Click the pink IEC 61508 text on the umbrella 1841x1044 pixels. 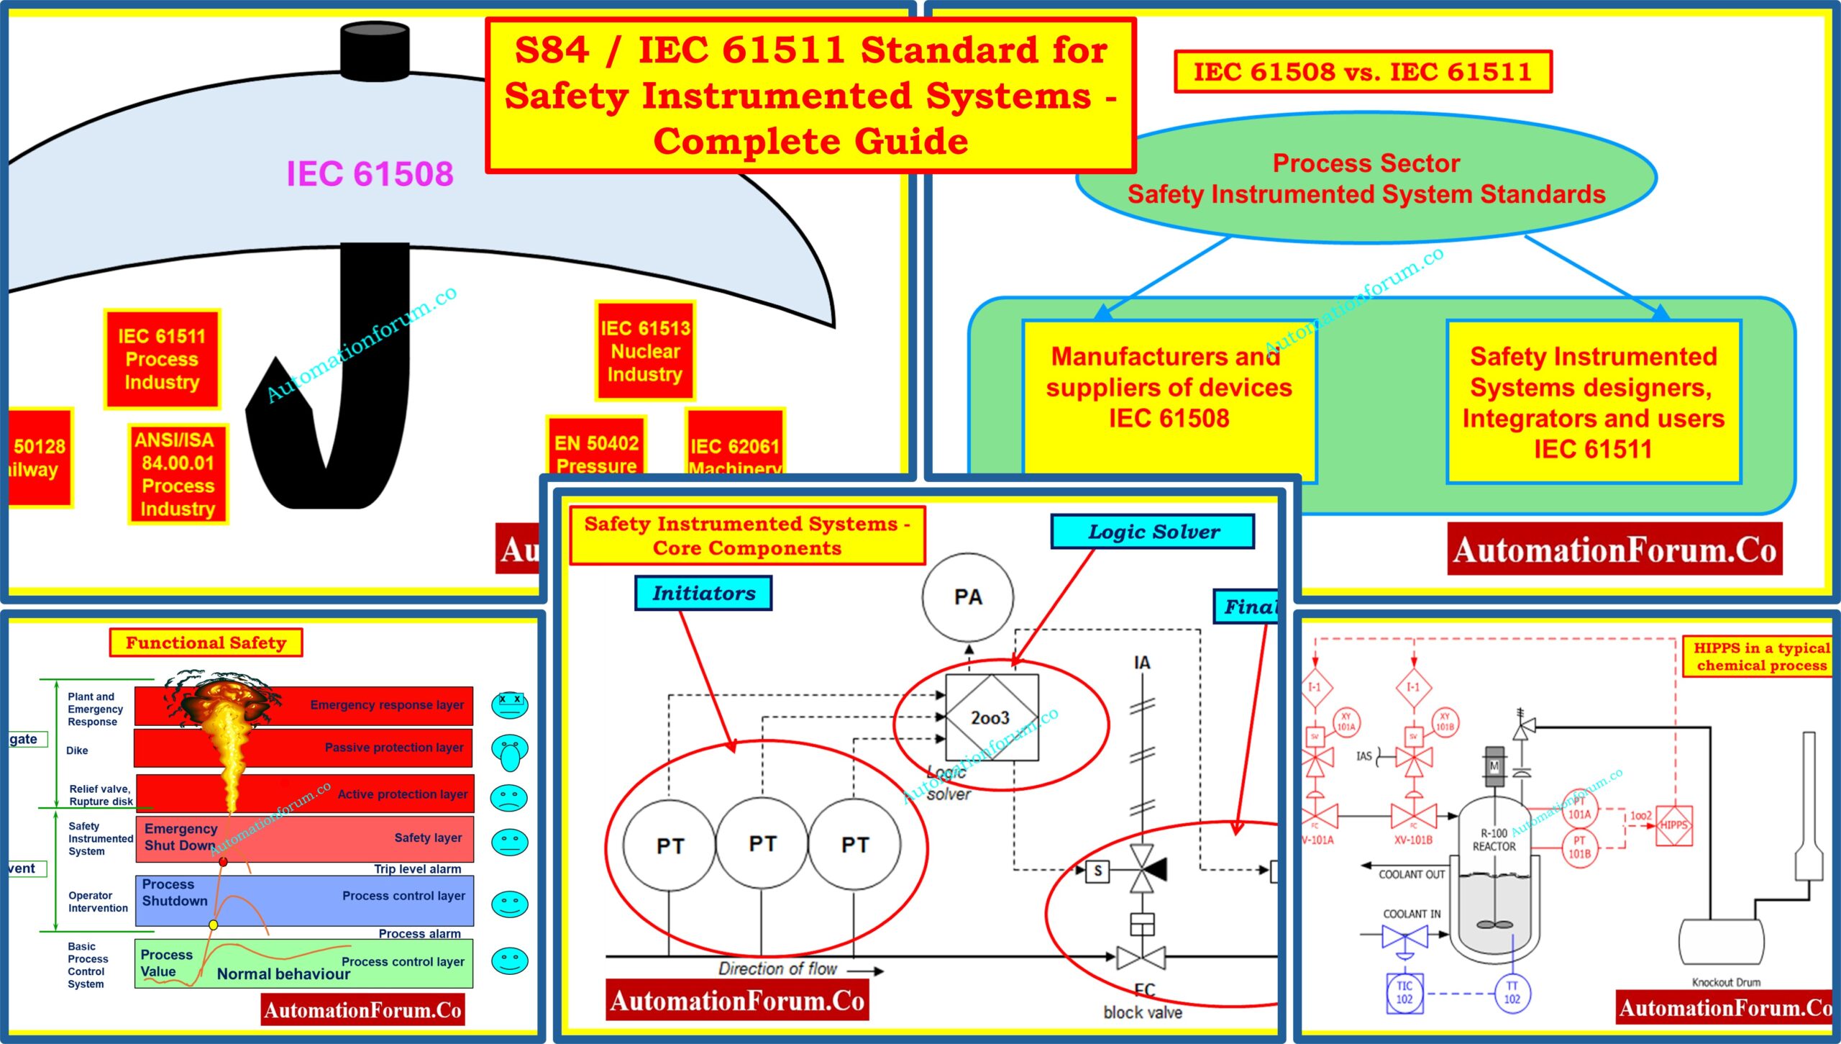[x=370, y=174]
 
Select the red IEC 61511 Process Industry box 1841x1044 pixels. [x=162, y=359]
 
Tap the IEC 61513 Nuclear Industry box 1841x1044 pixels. [x=645, y=351]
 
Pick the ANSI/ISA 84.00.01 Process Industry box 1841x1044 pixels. [x=178, y=474]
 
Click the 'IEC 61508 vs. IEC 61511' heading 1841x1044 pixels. [x=1363, y=72]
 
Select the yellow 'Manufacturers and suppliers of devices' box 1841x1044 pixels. [x=1169, y=389]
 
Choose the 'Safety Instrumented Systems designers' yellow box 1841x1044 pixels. [x=1593, y=403]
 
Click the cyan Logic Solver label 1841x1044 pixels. [x=1153, y=532]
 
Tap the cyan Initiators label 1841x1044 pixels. [x=703, y=594]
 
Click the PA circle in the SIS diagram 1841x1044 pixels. [x=968, y=597]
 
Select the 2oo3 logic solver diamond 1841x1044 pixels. [x=991, y=717]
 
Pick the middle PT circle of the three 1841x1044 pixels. [x=762, y=843]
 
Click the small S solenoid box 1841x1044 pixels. [x=1097, y=871]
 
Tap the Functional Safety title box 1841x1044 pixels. [x=206, y=643]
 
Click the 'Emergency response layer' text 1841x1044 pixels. [x=387, y=705]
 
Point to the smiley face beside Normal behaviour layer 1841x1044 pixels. [x=510, y=961]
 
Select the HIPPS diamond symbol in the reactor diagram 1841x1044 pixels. [x=1673, y=825]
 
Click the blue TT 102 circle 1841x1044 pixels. [x=1512, y=992]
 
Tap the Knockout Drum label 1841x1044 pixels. [x=1726, y=982]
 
